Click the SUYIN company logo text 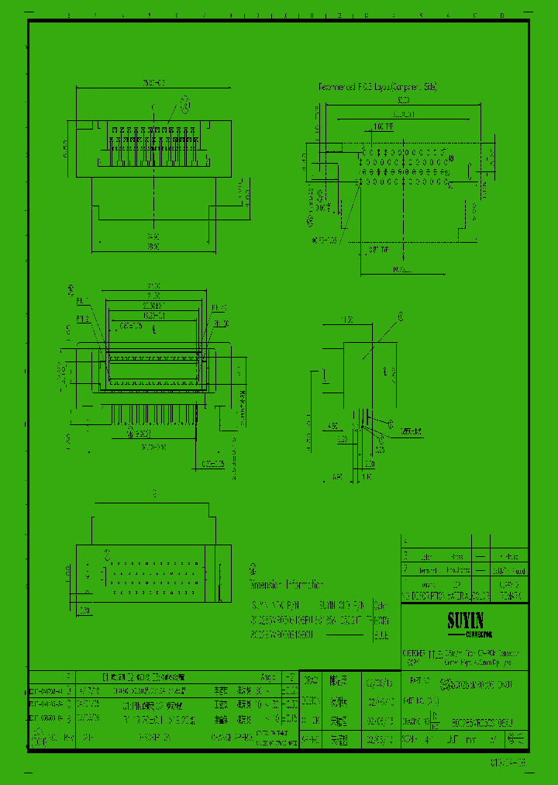point(464,621)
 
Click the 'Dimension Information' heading point(286,584)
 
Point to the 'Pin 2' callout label point(82,319)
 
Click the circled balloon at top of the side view point(401,316)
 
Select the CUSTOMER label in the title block point(412,653)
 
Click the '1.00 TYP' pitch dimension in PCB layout point(383,126)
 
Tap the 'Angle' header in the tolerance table point(269,676)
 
